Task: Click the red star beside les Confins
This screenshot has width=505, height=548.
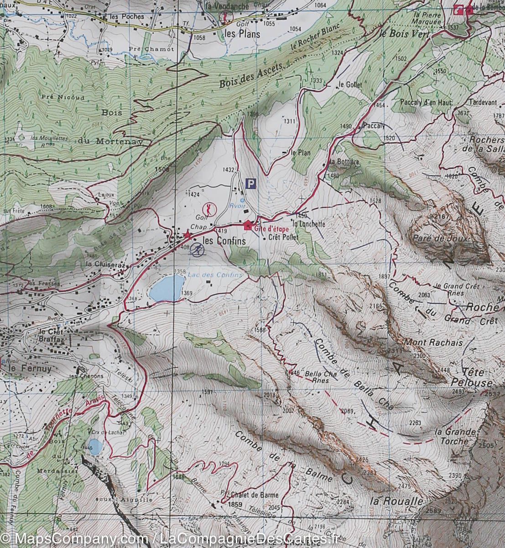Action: pos(187,236)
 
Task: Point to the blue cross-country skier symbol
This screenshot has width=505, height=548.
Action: pos(198,249)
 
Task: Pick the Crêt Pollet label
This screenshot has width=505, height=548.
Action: pos(283,237)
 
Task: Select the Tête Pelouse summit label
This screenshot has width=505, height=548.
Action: pos(477,378)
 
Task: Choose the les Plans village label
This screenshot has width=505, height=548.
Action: pos(242,34)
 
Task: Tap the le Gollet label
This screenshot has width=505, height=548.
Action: pos(351,85)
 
